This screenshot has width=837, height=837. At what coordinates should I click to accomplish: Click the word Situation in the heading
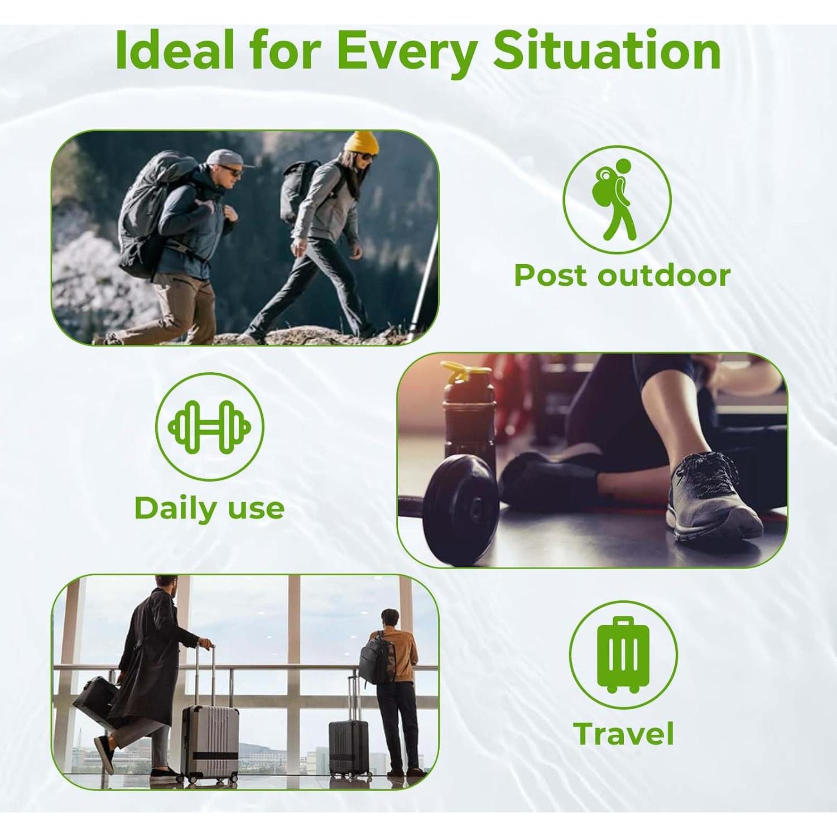pyautogui.click(x=607, y=52)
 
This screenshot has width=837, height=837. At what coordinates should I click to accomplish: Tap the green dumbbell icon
pyautogui.click(x=209, y=427)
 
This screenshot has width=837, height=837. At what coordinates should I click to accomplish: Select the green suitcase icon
pyautogui.click(x=623, y=655)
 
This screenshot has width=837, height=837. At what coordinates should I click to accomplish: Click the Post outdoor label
pyautogui.click(x=622, y=275)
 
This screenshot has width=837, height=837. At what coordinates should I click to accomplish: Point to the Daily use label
pyautogui.click(x=209, y=508)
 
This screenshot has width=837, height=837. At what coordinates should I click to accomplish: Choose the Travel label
pyautogui.click(x=623, y=733)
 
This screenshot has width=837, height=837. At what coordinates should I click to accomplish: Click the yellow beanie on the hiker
pyautogui.click(x=362, y=143)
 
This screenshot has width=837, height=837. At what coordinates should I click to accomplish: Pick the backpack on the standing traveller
pyautogui.click(x=376, y=659)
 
